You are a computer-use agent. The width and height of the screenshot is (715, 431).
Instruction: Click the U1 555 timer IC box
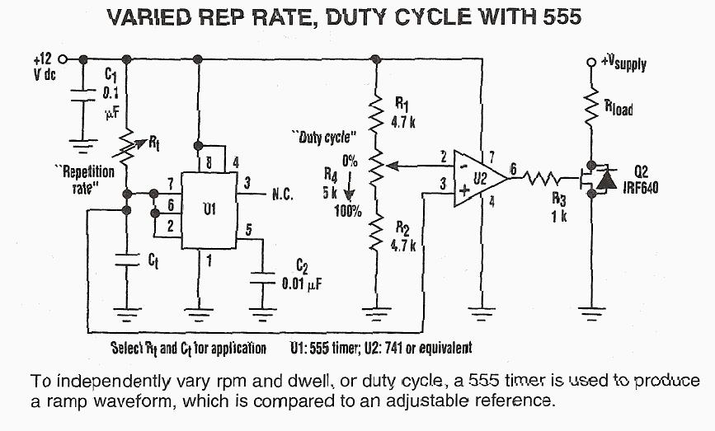point(208,209)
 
